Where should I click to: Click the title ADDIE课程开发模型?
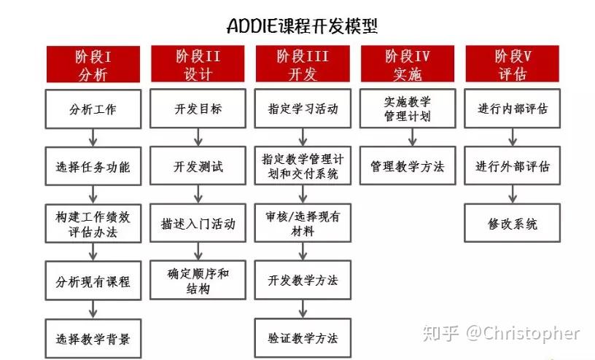click(x=302, y=26)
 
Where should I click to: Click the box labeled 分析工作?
click(x=93, y=109)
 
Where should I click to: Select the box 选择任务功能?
click(x=93, y=166)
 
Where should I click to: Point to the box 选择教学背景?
click(x=93, y=338)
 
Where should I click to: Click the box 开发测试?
click(x=198, y=166)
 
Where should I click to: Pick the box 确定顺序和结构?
click(x=198, y=281)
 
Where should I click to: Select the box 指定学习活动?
click(x=303, y=109)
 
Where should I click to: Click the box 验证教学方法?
click(x=303, y=338)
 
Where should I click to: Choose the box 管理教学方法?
click(x=408, y=166)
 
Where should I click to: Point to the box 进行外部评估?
click(x=513, y=166)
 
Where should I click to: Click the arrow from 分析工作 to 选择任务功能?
click(x=93, y=138)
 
